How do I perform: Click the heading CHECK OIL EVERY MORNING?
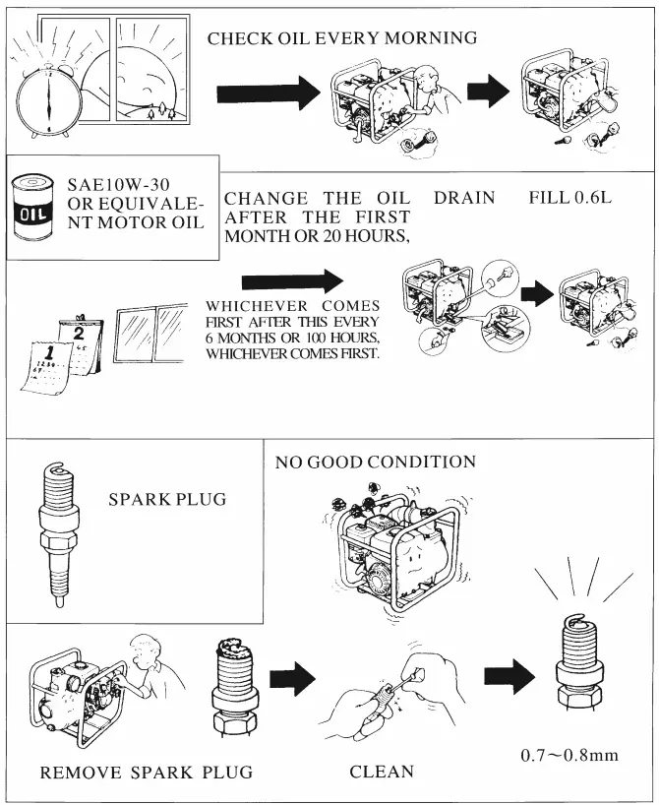(342, 38)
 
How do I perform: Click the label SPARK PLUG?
(167, 499)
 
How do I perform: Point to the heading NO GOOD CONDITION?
(376, 462)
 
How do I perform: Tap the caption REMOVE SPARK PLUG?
(146, 773)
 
